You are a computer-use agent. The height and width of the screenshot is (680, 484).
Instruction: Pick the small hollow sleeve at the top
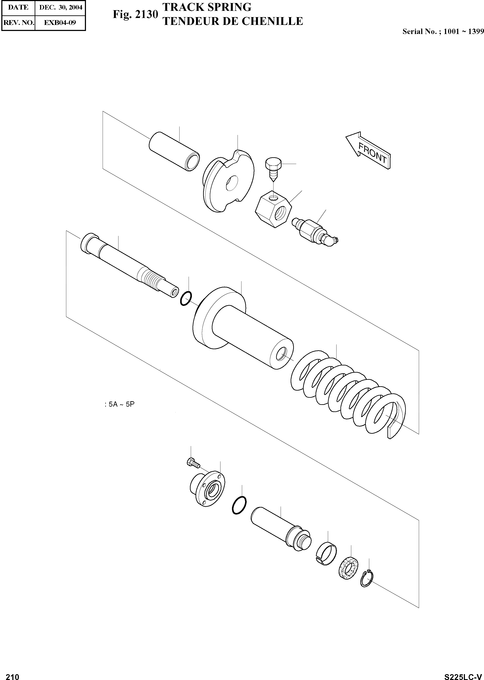174,151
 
